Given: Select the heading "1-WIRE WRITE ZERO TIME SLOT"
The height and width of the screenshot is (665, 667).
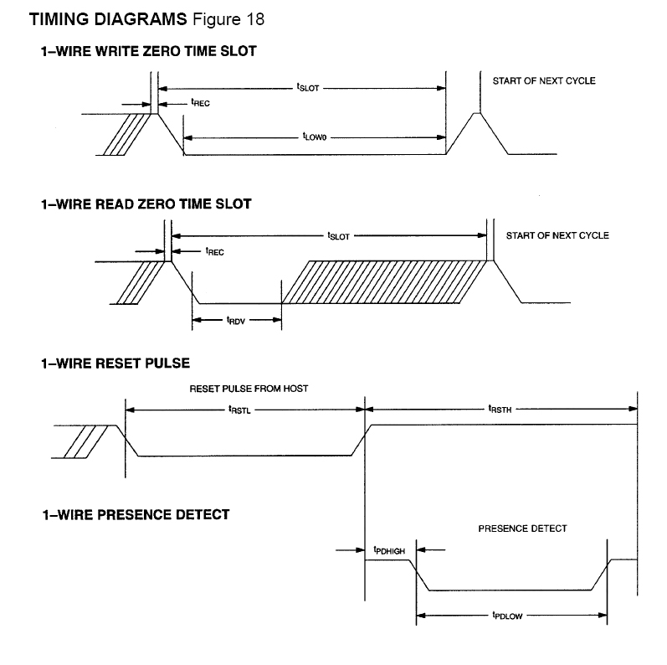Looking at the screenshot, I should coord(149,51).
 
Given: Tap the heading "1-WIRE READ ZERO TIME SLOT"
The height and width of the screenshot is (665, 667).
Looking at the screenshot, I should coord(146,204).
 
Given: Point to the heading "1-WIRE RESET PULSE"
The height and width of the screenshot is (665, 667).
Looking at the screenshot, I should coord(115,363).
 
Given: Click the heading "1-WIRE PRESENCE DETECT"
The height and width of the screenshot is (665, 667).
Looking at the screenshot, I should coord(136,514).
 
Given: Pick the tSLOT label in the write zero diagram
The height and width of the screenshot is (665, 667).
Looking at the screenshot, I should coord(307,86).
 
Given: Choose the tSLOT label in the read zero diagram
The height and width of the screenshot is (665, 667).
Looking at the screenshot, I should coord(339,236).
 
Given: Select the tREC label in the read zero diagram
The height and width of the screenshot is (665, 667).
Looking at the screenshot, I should coord(214,250).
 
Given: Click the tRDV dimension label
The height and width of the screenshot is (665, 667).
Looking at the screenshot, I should coord(237,319).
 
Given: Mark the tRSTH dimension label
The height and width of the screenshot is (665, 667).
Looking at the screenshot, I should coord(500,410).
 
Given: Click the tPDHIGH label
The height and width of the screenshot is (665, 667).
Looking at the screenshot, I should coord(390,550).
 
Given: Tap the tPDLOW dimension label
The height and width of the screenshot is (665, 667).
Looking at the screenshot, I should coord(508,616).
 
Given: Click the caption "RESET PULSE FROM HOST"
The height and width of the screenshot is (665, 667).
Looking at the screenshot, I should coord(242,389).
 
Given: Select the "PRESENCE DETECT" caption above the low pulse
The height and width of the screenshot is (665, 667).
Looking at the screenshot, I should coord(522,528).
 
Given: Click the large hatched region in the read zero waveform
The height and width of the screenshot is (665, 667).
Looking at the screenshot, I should coord(385,281).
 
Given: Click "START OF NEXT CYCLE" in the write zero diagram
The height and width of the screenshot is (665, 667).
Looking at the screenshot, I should coord(544,81).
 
